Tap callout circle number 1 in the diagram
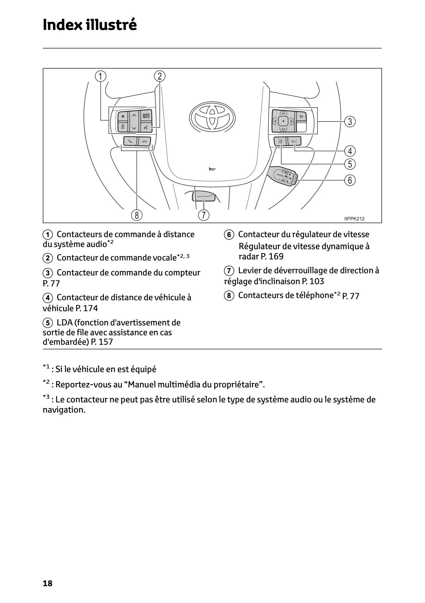[101, 76]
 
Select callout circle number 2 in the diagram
[160, 76]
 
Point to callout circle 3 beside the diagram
[350, 121]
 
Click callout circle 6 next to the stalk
[350, 180]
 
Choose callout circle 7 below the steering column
[204, 215]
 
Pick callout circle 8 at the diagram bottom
[137, 215]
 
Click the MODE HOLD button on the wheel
[146, 116]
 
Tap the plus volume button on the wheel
[123, 116]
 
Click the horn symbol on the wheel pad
[212, 169]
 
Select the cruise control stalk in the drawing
[283, 176]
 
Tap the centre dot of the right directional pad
[283, 121]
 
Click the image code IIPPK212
[354, 219]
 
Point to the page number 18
[47, 583]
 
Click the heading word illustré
[111, 25]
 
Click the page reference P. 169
[272, 256]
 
